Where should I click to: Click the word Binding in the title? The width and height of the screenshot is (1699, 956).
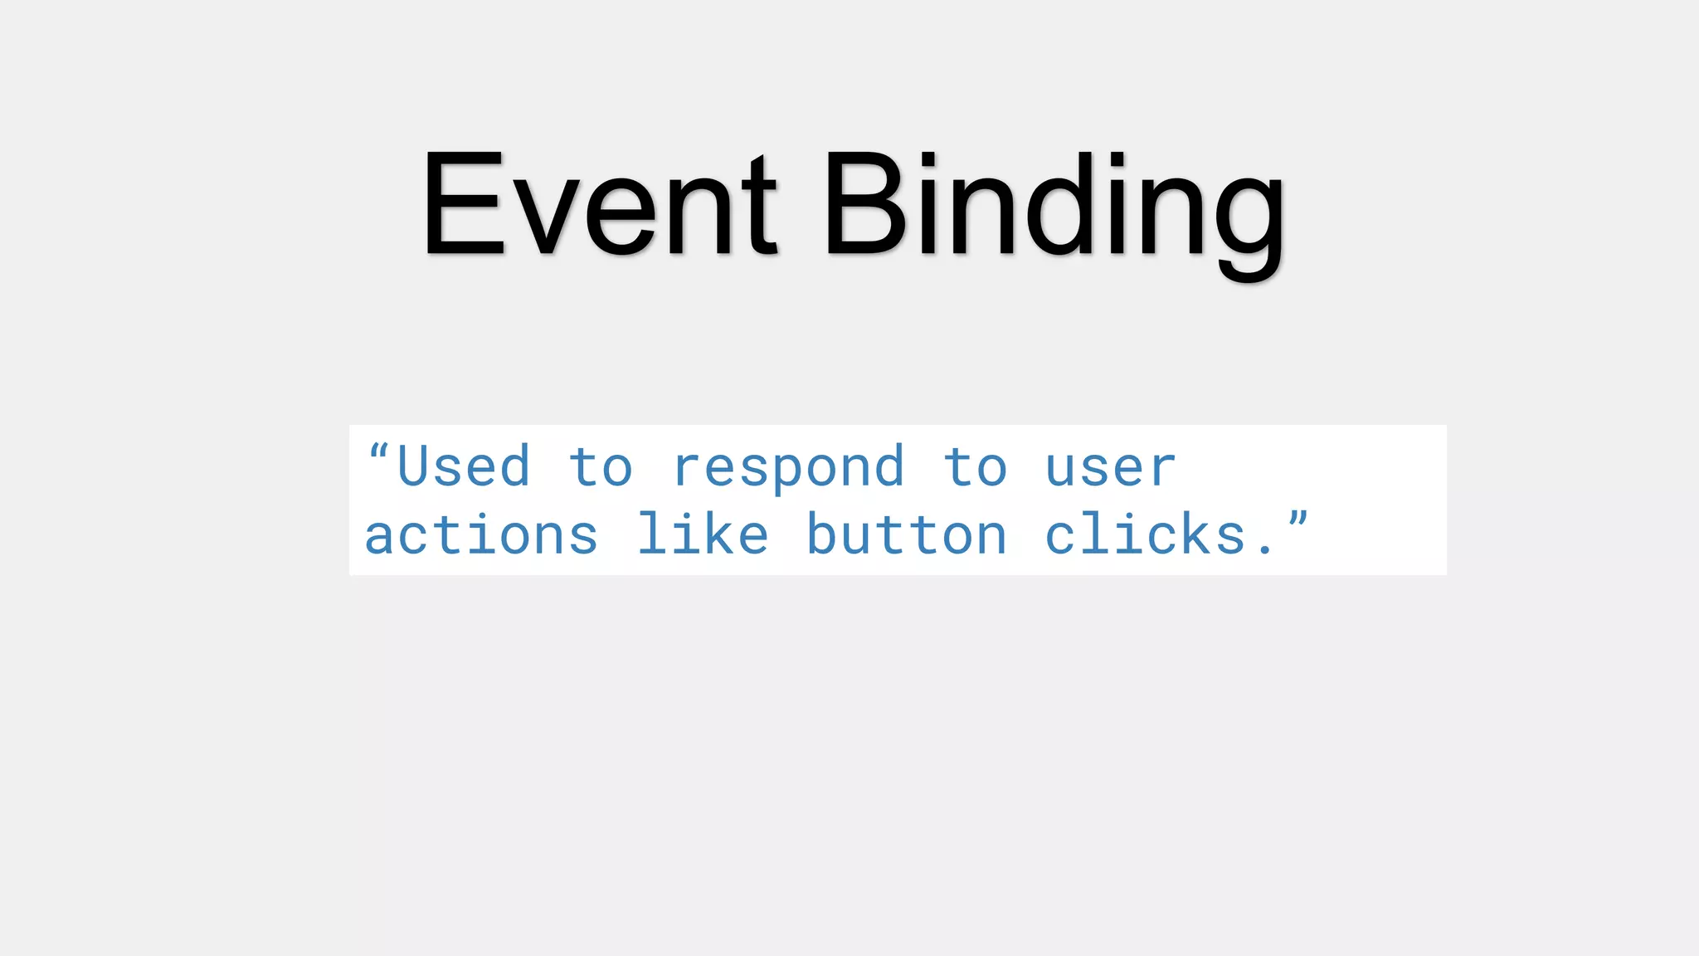(1054, 207)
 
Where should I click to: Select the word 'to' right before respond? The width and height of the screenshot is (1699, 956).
(601, 468)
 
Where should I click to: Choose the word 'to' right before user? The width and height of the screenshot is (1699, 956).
(976, 468)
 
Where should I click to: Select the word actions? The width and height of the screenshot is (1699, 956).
(481, 536)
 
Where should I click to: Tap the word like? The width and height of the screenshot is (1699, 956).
(703, 534)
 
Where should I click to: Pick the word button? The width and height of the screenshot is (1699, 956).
(907, 536)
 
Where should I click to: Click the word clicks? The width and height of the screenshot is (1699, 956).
(1145, 534)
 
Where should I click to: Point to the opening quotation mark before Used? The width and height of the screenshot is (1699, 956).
(378, 452)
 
